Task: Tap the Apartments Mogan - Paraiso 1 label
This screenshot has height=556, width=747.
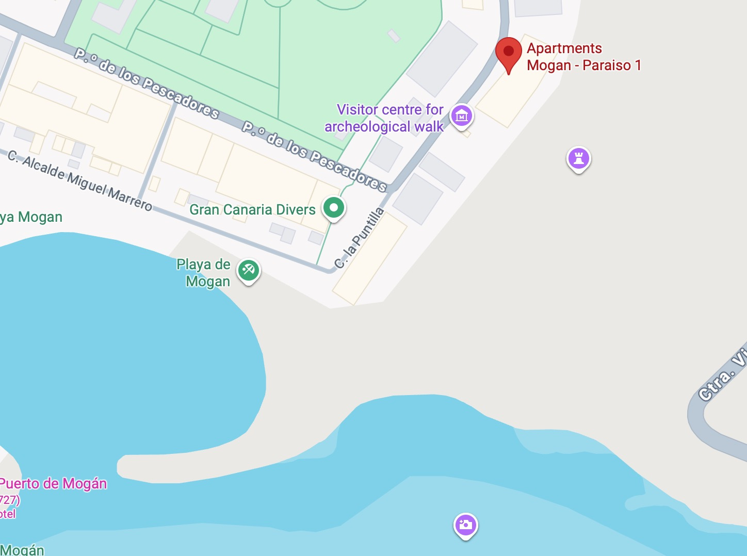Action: [583, 57]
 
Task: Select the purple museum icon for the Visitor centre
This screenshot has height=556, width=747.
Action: [462, 116]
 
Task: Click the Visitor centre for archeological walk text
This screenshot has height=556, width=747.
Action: [384, 118]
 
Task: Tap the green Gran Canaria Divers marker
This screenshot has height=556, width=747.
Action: [334, 208]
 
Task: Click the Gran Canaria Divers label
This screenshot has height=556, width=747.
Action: [252, 209]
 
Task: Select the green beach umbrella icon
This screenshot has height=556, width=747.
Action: [249, 270]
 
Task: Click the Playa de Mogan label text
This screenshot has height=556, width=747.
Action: [204, 273]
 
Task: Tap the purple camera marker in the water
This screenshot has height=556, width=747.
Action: [465, 525]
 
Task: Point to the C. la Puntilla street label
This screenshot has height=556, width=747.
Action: [360, 238]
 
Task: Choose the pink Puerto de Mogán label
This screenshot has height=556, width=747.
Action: [53, 484]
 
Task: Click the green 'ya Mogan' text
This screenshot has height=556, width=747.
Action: [31, 217]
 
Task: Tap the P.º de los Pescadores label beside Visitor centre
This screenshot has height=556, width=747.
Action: [315, 156]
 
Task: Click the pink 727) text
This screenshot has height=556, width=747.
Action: [9, 499]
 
